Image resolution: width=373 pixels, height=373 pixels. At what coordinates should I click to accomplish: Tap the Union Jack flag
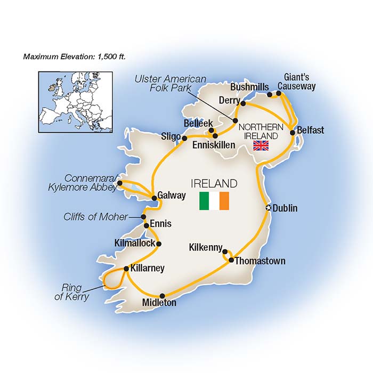coord(261,145)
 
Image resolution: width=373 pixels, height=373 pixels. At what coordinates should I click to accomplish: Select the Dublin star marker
coord(268,208)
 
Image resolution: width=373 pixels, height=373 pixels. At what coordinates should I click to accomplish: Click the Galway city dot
coord(155,198)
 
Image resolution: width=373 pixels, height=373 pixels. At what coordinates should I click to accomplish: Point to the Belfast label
coord(311,130)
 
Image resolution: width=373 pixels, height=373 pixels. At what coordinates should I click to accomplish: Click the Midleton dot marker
coord(162,296)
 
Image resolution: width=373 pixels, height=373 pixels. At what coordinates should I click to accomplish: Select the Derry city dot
coord(243,103)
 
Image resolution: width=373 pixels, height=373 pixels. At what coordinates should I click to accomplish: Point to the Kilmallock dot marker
coord(158,244)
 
